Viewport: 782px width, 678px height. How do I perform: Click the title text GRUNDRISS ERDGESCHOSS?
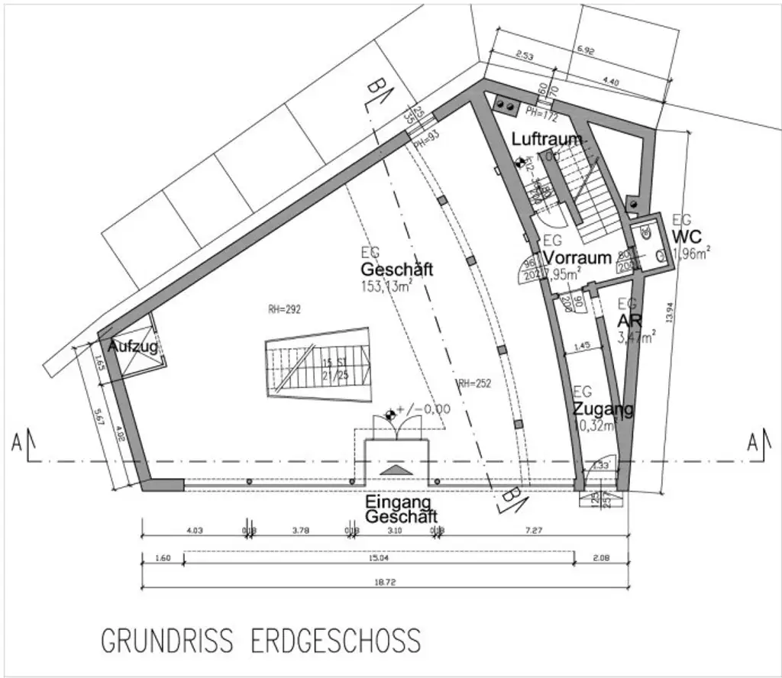pyautogui.click(x=260, y=640)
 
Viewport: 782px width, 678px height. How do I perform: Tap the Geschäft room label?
pyautogui.click(x=397, y=270)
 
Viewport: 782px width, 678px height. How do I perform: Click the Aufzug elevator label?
pyautogui.click(x=132, y=347)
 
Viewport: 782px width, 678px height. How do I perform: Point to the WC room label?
pyautogui.click(x=687, y=237)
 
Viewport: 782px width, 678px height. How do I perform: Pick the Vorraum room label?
pyautogui.click(x=578, y=257)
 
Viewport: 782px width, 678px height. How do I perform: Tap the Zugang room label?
pyautogui.click(x=603, y=408)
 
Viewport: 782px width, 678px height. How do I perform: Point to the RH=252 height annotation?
pyautogui.click(x=473, y=383)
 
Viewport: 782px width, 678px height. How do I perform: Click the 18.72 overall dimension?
pyautogui.click(x=385, y=583)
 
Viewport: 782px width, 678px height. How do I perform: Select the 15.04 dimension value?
pyautogui.click(x=379, y=558)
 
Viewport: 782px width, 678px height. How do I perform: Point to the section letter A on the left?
pyautogui.click(x=17, y=443)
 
